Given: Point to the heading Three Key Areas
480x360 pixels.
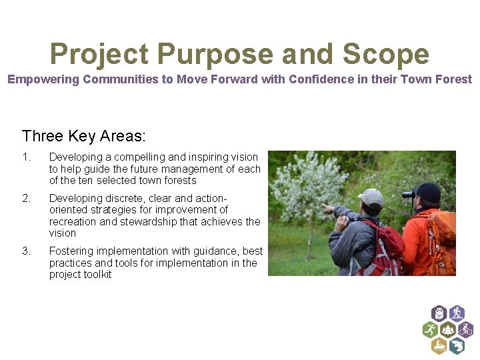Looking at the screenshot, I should [83, 136].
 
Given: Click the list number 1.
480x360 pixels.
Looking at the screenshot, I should [25, 157].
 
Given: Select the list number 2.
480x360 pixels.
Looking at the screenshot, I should [25, 199].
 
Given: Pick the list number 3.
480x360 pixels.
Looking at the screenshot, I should [25, 251].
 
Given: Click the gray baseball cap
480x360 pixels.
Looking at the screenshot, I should [371, 197].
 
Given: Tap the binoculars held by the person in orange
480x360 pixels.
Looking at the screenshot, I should [409, 195].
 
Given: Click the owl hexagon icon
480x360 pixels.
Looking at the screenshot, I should [438, 313].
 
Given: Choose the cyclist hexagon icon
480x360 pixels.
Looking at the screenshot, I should [465, 329].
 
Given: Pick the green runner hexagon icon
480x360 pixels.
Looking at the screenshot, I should [430, 329].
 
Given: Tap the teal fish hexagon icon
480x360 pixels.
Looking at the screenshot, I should [456, 345].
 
